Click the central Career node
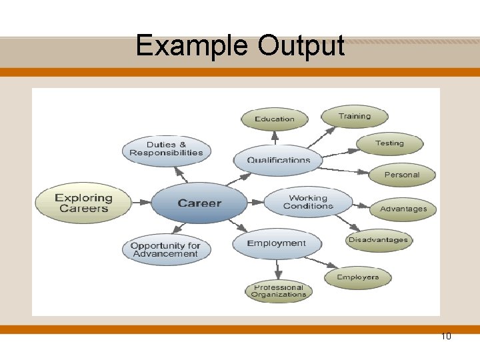(199, 203)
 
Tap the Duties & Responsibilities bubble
(166, 149)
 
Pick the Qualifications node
(278, 159)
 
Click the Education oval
(274, 119)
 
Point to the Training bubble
(354, 116)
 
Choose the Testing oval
(389, 143)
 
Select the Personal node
(401, 175)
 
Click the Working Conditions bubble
(308, 202)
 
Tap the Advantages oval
(403, 209)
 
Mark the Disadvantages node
(378, 240)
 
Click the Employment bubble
(276, 243)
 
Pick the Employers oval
(357, 277)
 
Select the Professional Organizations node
(279, 291)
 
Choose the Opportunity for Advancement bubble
(165, 249)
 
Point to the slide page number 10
(446, 336)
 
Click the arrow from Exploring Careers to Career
(142, 202)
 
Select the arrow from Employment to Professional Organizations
(278, 269)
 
